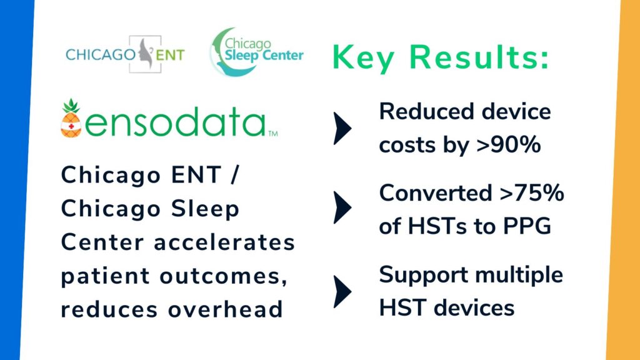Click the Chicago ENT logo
125,54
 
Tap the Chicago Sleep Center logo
257,52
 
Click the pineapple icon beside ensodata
71,118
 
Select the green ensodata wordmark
176,122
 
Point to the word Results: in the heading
479,57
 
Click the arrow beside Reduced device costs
342,129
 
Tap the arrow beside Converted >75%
342,207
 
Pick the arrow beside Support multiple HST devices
342,291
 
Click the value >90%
509,144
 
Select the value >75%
532,192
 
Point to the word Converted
436,192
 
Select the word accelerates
224,242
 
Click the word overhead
225,309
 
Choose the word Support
424,276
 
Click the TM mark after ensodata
273,133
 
